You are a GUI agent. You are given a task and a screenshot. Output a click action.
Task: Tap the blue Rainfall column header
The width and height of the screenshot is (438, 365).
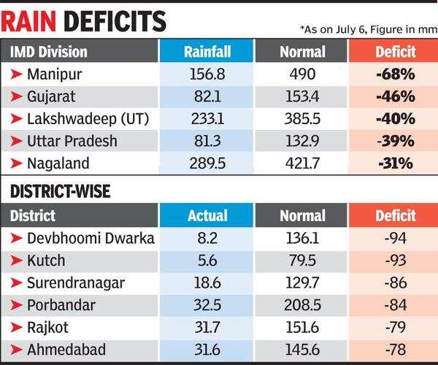207,53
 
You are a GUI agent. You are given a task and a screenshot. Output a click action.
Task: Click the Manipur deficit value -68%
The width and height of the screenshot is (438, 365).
396,74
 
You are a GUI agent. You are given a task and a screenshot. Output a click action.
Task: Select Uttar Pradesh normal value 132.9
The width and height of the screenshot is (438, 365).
302,140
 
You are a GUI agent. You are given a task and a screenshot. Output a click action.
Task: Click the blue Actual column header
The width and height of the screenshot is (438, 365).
207,216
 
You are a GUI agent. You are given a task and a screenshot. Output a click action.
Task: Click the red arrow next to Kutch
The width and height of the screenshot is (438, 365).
15,260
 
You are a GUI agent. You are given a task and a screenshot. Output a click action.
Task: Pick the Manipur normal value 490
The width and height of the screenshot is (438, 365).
302,74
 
